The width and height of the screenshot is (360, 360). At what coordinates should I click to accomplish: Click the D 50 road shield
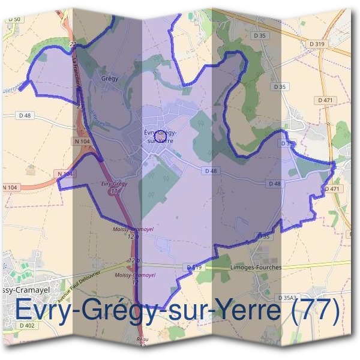pos(14,20)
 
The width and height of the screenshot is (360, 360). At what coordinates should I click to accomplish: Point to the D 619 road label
pos(193,266)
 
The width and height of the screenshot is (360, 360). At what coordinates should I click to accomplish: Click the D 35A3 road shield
pos(288,298)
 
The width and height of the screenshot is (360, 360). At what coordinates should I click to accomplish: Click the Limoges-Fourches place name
pos(256,268)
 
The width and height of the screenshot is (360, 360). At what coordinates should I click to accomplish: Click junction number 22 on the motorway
pos(73,44)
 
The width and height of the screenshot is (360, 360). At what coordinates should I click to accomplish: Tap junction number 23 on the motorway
pos(80,106)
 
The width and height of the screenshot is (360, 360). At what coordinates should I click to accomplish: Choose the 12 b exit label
pos(133,260)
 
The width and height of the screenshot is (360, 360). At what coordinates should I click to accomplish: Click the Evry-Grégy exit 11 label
pos(115,187)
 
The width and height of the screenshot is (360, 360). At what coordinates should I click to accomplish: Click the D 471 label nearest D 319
pos(326,100)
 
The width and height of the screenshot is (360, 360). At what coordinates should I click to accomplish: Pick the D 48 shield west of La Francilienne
pos(25,115)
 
